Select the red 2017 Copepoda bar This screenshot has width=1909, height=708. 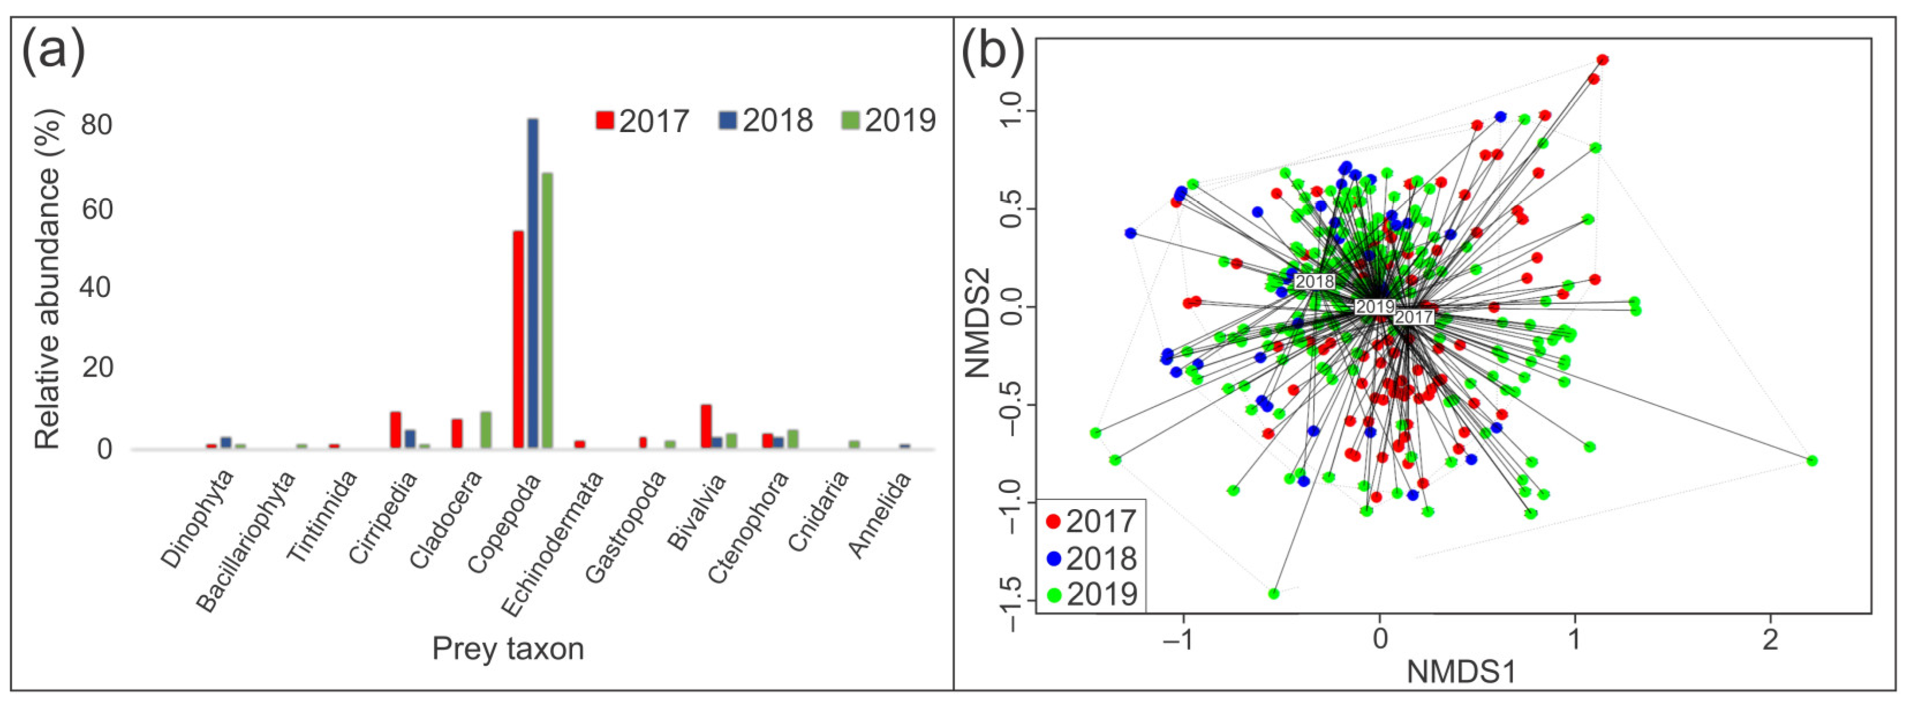(x=518, y=340)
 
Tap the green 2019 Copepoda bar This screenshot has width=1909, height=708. (x=547, y=311)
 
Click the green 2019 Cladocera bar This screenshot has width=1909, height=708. (x=486, y=430)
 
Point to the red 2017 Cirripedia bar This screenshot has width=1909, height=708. (x=396, y=430)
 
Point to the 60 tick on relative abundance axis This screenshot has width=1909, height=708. (x=97, y=209)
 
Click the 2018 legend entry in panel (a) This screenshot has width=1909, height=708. (x=766, y=120)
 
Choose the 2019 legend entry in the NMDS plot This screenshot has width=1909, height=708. (x=1091, y=594)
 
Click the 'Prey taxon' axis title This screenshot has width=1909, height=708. (x=508, y=649)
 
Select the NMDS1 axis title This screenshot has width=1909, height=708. (x=1461, y=672)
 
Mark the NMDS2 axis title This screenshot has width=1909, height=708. (x=978, y=322)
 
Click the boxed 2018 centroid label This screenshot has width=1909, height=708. (x=1315, y=282)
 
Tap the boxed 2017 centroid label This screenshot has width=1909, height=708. (x=1413, y=317)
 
